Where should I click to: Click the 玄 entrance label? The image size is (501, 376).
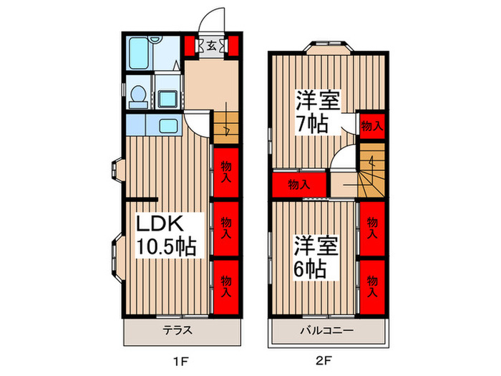(212, 46)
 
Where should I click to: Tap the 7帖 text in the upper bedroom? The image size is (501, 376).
(311, 125)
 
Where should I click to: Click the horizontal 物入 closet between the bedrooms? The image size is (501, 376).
(298, 184)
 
